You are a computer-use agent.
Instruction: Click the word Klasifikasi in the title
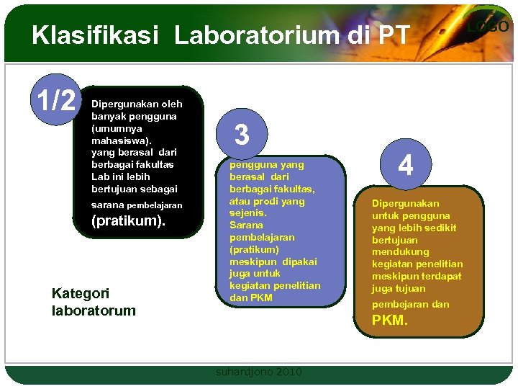click(x=94, y=35)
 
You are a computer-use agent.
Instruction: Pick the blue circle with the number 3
click(x=242, y=134)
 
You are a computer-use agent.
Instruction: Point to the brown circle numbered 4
click(x=406, y=166)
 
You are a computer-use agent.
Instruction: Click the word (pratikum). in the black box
click(x=128, y=221)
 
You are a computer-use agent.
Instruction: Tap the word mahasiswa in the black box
click(x=116, y=140)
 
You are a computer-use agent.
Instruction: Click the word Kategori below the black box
click(x=81, y=293)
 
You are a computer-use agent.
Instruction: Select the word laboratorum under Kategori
click(x=94, y=311)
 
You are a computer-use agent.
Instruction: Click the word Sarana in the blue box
click(x=246, y=225)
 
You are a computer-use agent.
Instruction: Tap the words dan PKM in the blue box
click(x=251, y=298)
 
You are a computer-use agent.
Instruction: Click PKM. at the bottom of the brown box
click(x=390, y=321)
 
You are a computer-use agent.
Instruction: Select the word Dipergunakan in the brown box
click(x=405, y=204)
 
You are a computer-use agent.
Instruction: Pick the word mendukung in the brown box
click(x=400, y=252)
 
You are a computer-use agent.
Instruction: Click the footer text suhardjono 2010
click(x=259, y=372)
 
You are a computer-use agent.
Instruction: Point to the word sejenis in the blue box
click(x=247, y=213)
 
